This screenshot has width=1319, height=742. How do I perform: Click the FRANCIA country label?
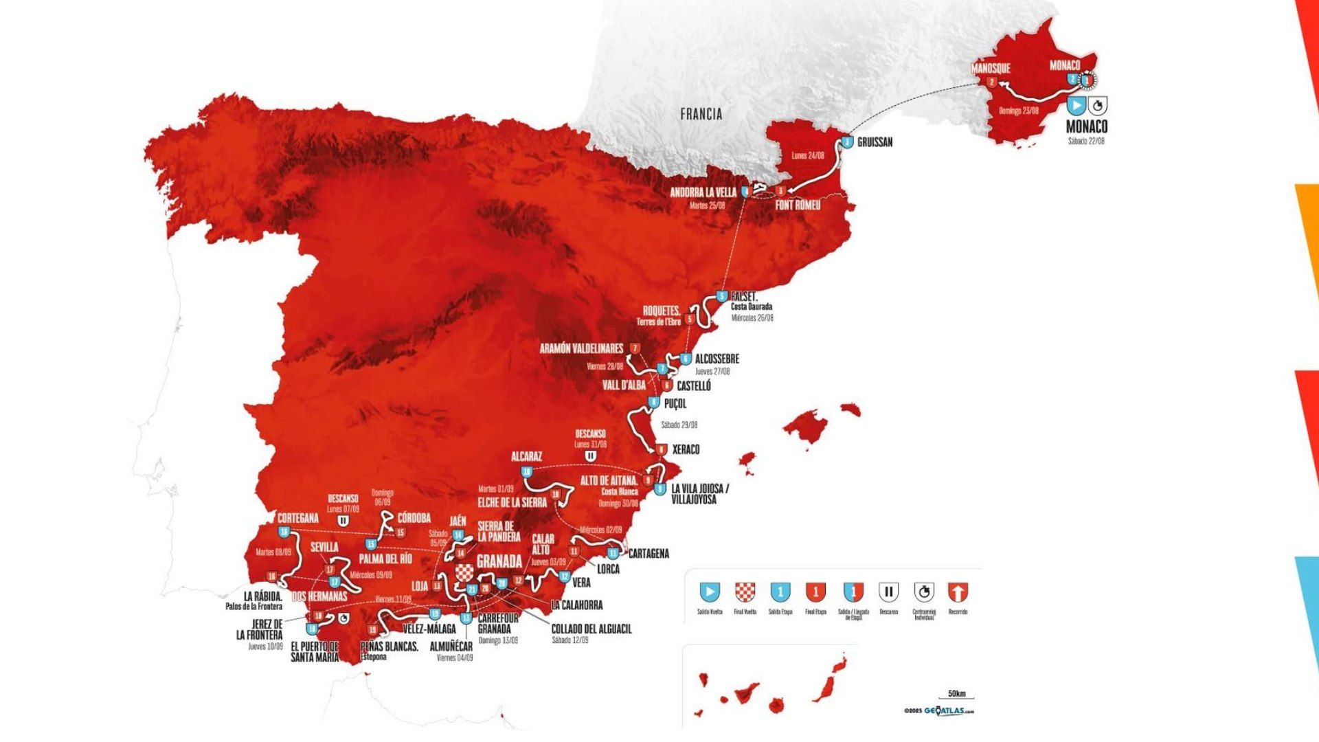tap(701, 114)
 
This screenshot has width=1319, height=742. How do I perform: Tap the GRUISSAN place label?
tap(875, 142)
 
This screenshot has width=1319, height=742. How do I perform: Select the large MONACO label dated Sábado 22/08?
tap(1086, 126)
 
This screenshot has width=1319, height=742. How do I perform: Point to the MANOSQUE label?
tap(990, 69)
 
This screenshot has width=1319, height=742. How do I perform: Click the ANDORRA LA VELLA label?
tap(703, 193)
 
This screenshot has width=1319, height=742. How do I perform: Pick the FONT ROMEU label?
tap(798, 205)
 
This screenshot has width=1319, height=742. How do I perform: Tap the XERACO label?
tap(686, 449)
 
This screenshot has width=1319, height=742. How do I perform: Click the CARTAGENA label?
tap(648, 553)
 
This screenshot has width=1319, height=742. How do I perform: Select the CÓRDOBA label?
tap(414, 518)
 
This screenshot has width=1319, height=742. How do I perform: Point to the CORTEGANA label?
tap(297, 518)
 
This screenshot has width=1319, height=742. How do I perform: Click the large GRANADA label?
tap(499, 561)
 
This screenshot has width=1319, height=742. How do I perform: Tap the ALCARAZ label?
tap(526, 457)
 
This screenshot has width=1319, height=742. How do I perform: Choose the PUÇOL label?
tap(675, 403)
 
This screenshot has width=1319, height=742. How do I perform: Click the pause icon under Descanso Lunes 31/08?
tap(589, 456)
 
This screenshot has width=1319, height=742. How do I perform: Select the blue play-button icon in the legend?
tap(710, 592)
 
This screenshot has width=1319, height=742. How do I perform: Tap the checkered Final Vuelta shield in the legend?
tap(745, 592)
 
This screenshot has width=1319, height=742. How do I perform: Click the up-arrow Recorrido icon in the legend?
tap(958, 592)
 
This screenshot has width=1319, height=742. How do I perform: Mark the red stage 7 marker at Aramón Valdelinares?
tap(635, 349)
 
